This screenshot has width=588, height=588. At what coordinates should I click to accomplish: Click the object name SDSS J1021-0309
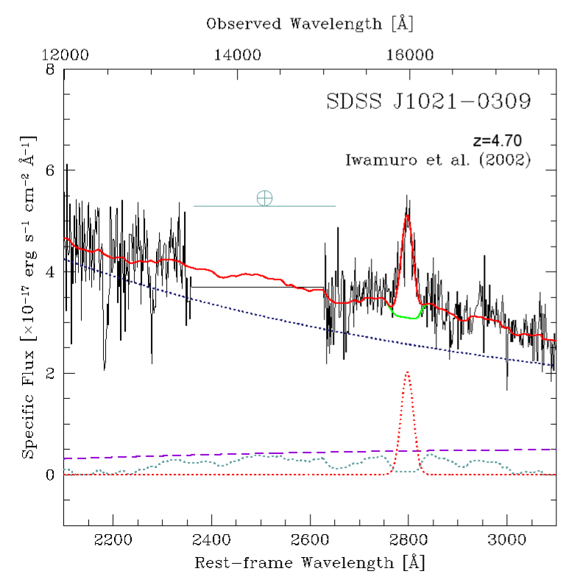pos(428,102)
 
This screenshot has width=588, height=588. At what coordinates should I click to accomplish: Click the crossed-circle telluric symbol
pos(264,198)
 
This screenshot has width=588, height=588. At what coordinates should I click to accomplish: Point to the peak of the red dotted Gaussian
pos(407,373)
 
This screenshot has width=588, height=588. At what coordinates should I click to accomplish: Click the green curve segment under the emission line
pos(406,316)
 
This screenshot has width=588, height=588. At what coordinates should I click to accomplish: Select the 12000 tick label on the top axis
pos(64,54)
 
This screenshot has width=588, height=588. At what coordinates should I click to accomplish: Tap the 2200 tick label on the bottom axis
pos(113,539)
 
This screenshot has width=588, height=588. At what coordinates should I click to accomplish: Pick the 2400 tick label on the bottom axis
pos(211,539)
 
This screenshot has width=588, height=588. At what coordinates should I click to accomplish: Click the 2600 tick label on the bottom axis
pos(310,539)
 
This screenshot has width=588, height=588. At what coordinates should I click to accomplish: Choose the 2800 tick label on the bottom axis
pos(408,539)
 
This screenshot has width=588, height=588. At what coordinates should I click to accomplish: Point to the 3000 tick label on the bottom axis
pos(507,539)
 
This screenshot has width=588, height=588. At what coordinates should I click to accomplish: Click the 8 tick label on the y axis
pos(50,71)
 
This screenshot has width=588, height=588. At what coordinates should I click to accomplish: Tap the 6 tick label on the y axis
pos(50,170)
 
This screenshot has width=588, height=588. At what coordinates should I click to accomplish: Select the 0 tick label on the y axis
pos(50,475)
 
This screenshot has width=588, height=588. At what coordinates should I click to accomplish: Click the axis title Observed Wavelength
pos(309,24)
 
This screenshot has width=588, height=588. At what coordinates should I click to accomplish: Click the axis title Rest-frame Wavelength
pos(309,564)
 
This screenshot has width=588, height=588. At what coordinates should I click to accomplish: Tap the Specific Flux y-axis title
pos(28,294)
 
